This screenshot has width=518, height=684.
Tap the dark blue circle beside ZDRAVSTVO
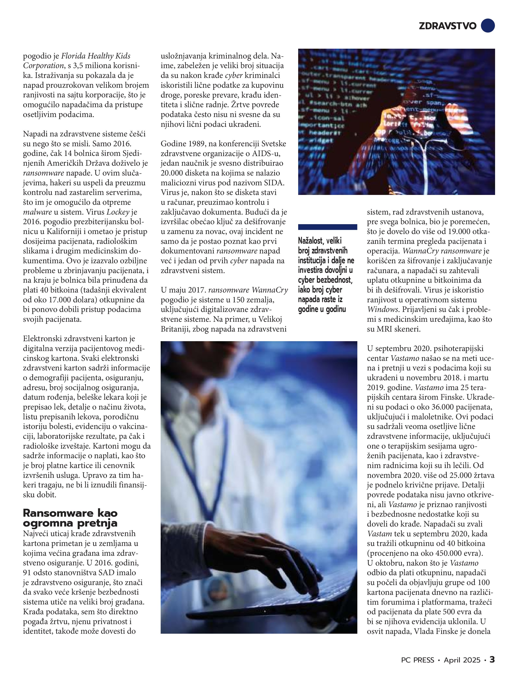[488, 25]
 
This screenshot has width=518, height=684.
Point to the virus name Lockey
[118, 212]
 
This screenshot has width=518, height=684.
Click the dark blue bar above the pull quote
[327, 227]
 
